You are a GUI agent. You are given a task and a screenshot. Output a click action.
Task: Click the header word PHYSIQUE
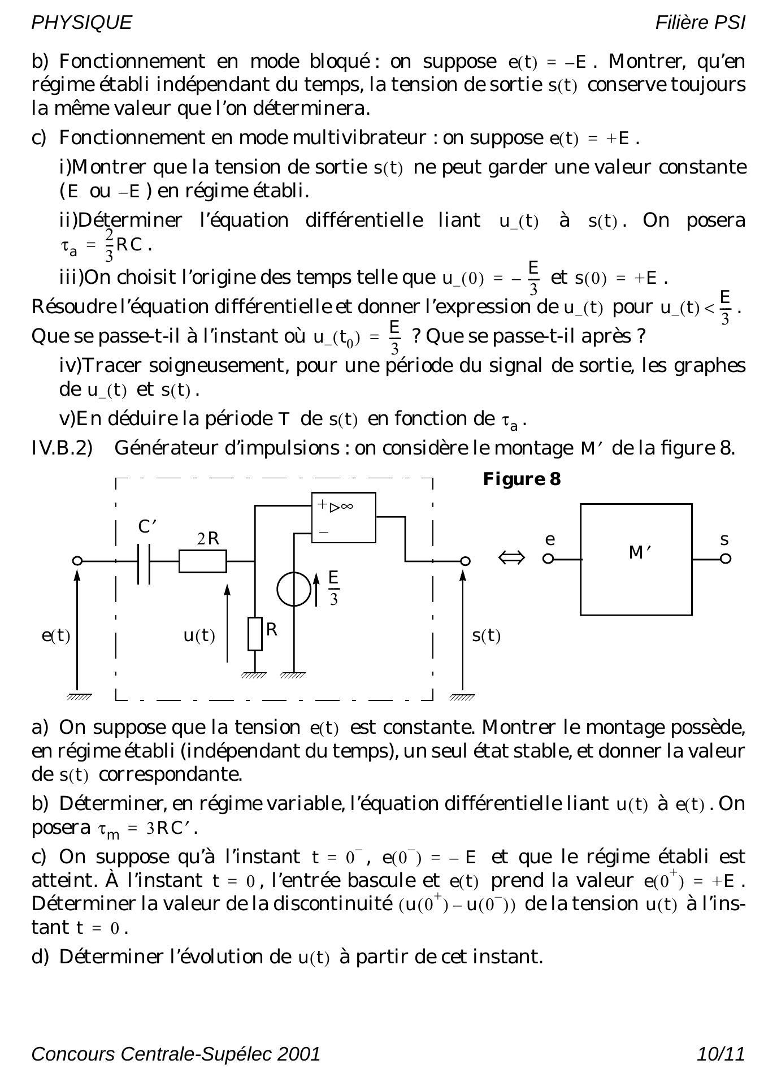81,23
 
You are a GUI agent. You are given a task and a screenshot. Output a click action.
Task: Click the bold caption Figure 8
522,479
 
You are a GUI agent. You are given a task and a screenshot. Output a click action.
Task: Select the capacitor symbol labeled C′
144,563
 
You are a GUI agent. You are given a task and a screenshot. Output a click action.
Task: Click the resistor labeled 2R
202,561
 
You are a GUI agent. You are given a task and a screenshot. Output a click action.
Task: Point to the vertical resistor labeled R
255,634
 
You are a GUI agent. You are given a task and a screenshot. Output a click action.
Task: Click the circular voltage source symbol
293,589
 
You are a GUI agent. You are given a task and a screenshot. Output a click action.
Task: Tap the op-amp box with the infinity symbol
344,517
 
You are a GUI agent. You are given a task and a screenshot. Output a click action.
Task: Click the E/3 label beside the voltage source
333,588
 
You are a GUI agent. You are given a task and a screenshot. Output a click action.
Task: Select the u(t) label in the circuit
199,635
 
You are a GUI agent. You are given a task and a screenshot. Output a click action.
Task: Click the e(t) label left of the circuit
56,635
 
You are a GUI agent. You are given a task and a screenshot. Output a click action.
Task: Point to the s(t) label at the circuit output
486,635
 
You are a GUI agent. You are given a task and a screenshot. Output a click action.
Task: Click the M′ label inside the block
640,552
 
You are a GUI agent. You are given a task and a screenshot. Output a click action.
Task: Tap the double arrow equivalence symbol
511,559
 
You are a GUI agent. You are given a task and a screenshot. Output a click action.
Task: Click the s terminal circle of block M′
726,559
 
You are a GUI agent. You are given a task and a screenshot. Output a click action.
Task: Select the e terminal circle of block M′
548,559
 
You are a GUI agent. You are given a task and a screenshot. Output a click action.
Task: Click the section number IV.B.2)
62,448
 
